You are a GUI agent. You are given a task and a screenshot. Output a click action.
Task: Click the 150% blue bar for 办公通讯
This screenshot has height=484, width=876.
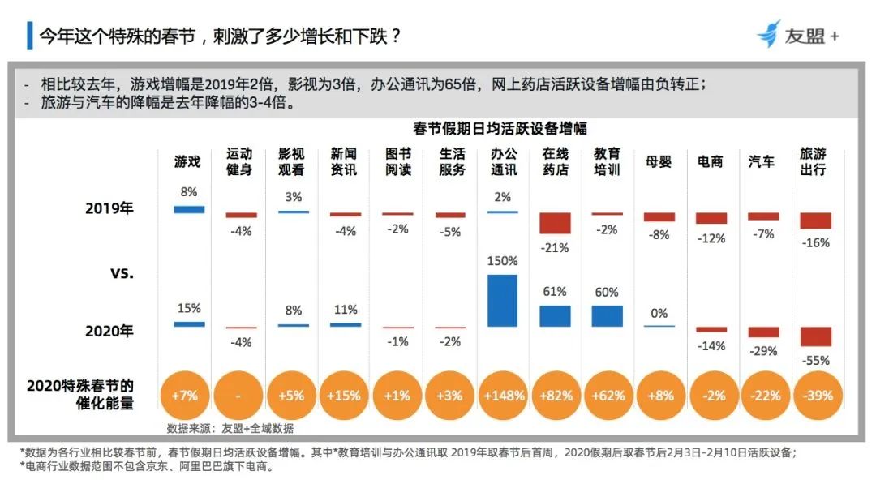[x=503, y=301]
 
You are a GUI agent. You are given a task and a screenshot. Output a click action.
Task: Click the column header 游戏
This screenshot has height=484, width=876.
[x=187, y=162]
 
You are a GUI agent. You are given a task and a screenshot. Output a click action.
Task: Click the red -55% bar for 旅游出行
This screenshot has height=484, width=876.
[x=815, y=336]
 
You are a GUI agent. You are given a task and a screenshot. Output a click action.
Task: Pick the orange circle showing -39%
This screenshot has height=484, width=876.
[x=815, y=396]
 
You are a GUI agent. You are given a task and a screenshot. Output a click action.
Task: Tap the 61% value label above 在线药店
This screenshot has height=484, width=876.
[x=555, y=291]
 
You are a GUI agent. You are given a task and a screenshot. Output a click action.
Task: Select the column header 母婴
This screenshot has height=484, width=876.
[x=659, y=162]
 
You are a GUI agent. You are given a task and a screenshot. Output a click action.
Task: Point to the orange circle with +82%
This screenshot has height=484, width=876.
[x=556, y=396]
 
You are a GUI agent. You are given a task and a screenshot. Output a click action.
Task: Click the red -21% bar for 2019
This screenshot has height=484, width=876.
[x=555, y=223]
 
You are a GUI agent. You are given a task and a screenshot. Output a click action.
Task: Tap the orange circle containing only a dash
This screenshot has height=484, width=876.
[x=240, y=396]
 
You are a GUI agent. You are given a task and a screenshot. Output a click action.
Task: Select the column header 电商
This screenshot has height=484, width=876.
[x=711, y=162]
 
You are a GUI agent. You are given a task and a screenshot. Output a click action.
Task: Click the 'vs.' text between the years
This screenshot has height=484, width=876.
[x=121, y=272]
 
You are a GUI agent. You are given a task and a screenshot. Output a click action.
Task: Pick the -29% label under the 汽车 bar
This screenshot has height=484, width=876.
[x=763, y=351]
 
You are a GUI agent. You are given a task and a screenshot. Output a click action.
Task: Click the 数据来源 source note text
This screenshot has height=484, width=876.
[x=230, y=428]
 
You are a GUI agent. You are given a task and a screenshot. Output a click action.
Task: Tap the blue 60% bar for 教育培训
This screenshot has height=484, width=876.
[x=607, y=316]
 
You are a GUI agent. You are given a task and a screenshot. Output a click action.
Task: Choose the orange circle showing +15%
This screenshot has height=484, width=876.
[x=345, y=396]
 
